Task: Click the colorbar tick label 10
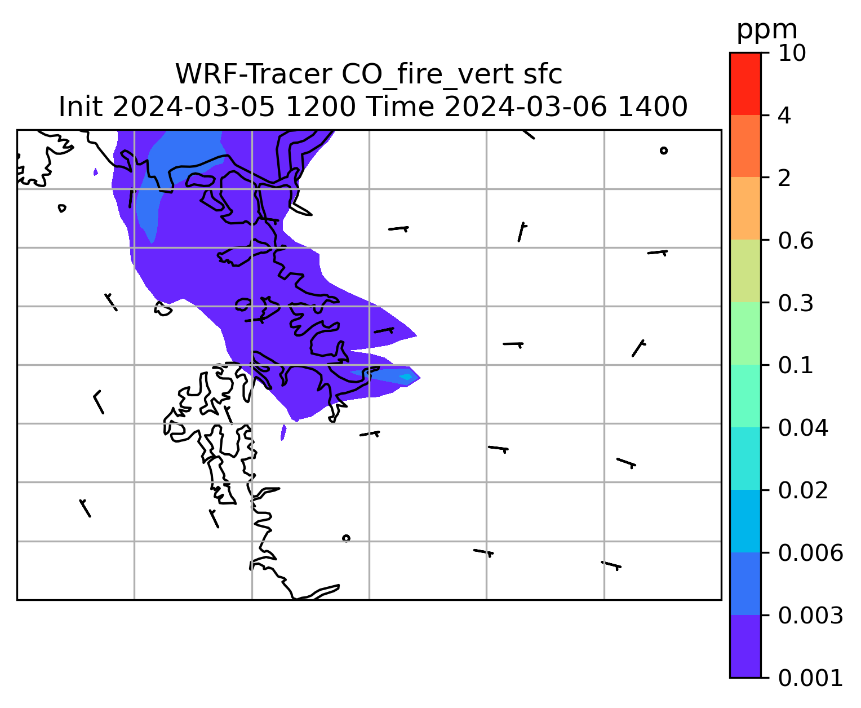click(792, 54)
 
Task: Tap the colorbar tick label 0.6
click(795, 241)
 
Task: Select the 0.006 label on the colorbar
click(810, 553)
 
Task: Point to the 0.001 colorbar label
click(810, 678)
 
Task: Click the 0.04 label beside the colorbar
click(802, 428)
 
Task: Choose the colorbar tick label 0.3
click(795, 303)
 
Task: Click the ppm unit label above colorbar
click(767, 30)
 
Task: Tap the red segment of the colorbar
click(745, 83)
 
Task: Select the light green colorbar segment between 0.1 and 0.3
click(745, 333)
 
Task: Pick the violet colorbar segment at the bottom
click(745, 646)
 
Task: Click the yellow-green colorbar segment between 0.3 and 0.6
click(745, 271)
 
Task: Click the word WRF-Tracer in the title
click(253, 74)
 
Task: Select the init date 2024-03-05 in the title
click(193, 107)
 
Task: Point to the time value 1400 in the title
click(653, 107)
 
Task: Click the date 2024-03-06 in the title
click(525, 107)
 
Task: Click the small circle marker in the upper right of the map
click(663, 151)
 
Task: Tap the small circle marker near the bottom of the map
click(346, 538)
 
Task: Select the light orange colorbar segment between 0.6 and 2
click(745, 208)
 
